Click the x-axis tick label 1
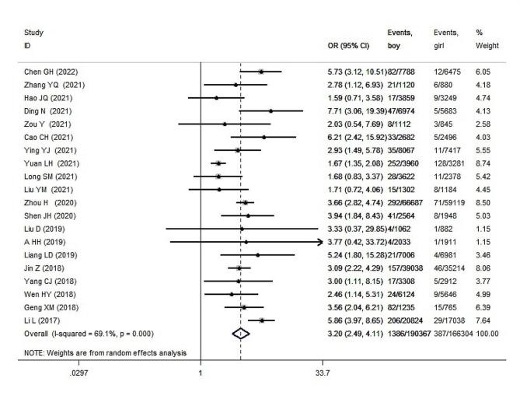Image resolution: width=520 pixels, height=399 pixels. (x=201, y=373)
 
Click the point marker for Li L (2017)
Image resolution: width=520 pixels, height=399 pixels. (x=262, y=320)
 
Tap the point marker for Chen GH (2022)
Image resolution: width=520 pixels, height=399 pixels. (x=260, y=71)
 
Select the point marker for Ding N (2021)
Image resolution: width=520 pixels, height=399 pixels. (x=270, y=110)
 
